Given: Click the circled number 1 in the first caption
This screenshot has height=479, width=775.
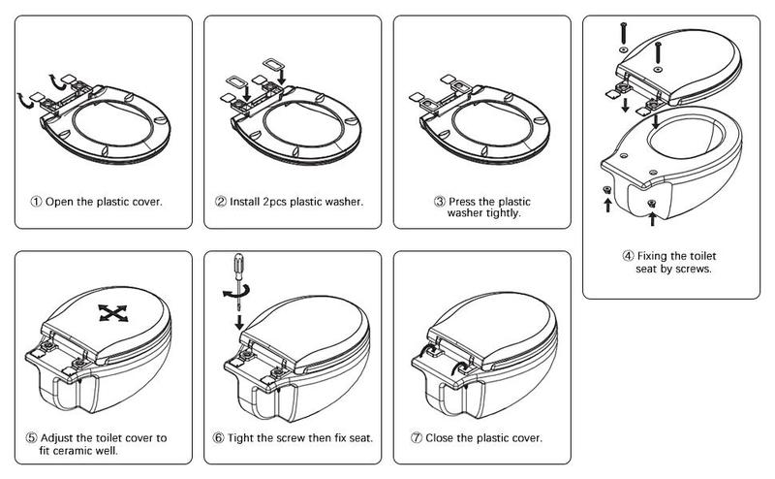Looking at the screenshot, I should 36,203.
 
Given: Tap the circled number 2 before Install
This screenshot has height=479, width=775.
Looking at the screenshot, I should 222,203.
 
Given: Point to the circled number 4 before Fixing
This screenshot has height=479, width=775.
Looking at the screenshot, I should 628,256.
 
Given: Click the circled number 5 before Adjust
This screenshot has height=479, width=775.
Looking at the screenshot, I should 36,438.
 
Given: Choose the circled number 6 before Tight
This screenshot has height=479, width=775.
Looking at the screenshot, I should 219,438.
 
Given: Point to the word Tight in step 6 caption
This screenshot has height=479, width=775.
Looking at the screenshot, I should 242,438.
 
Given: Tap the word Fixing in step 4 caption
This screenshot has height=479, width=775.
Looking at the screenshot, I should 656,256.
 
